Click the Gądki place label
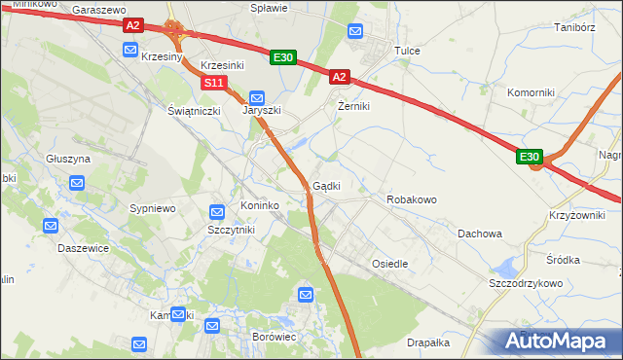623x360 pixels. tap(326, 186)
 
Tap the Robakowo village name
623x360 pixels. tap(412, 198)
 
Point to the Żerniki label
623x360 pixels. tap(353, 106)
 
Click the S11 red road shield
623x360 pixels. tap(214, 84)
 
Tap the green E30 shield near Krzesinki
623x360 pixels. tap(282, 57)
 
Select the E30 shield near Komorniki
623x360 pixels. tap(529, 157)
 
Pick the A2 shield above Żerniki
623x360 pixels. tap(338, 76)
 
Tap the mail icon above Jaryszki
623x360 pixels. tap(257, 97)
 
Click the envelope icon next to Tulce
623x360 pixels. tap(356, 31)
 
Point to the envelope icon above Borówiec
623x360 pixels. tap(307, 294)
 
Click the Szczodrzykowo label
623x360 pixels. tap(527, 282)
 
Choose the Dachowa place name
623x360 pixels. tap(480, 234)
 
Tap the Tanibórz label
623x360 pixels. tap(574, 27)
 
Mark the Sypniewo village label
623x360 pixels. tap(152, 208)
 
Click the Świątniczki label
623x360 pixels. tap(194, 111)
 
